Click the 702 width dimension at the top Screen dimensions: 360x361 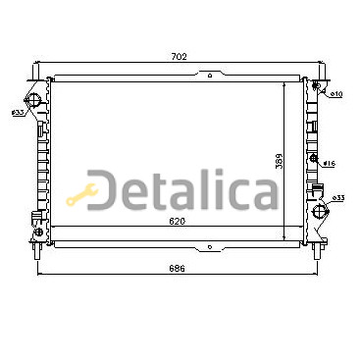pyautogui.click(x=179, y=57)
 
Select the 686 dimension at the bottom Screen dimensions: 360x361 pyautogui.click(x=178, y=268)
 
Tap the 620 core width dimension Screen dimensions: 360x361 pyautogui.click(x=178, y=221)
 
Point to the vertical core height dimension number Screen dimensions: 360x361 pyautogui.click(x=279, y=161)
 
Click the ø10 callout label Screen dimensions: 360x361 pyautogui.click(x=335, y=94)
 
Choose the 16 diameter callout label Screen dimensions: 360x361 pyautogui.click(x=330, y=163)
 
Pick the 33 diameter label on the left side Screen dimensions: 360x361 pyautogui.click(x=18, y=113)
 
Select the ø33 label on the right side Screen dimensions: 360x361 pyautogui.click(x=338, y=198)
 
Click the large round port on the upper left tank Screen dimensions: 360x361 pyautogui.click(x=32, y=100)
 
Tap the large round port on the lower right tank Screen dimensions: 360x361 pyautogui.click(x=319, y=212)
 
